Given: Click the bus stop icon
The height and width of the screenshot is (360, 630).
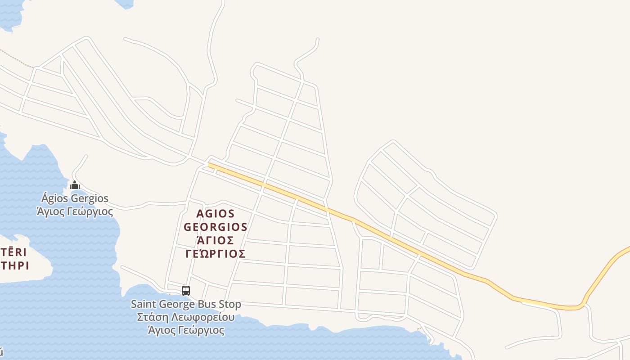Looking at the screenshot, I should point(186,290).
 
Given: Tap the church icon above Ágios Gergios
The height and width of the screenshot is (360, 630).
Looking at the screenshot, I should point(75,185).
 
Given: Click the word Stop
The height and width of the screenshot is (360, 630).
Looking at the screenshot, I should point(230,305).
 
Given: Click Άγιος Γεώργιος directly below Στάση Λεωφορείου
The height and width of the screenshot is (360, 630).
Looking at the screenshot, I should point(186,330).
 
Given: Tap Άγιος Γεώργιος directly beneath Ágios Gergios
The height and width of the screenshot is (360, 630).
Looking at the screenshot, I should point(75,211).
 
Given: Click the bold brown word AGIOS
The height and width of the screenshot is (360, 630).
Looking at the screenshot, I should point(216,213).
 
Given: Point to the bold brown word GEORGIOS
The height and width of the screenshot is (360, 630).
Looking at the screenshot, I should point(216,227).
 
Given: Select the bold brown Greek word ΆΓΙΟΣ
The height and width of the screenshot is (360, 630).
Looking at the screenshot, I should point(216,240).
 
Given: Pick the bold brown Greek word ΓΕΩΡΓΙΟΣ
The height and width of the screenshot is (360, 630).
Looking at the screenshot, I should point(216,254).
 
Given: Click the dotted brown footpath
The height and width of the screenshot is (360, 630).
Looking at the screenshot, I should point(18,60).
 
